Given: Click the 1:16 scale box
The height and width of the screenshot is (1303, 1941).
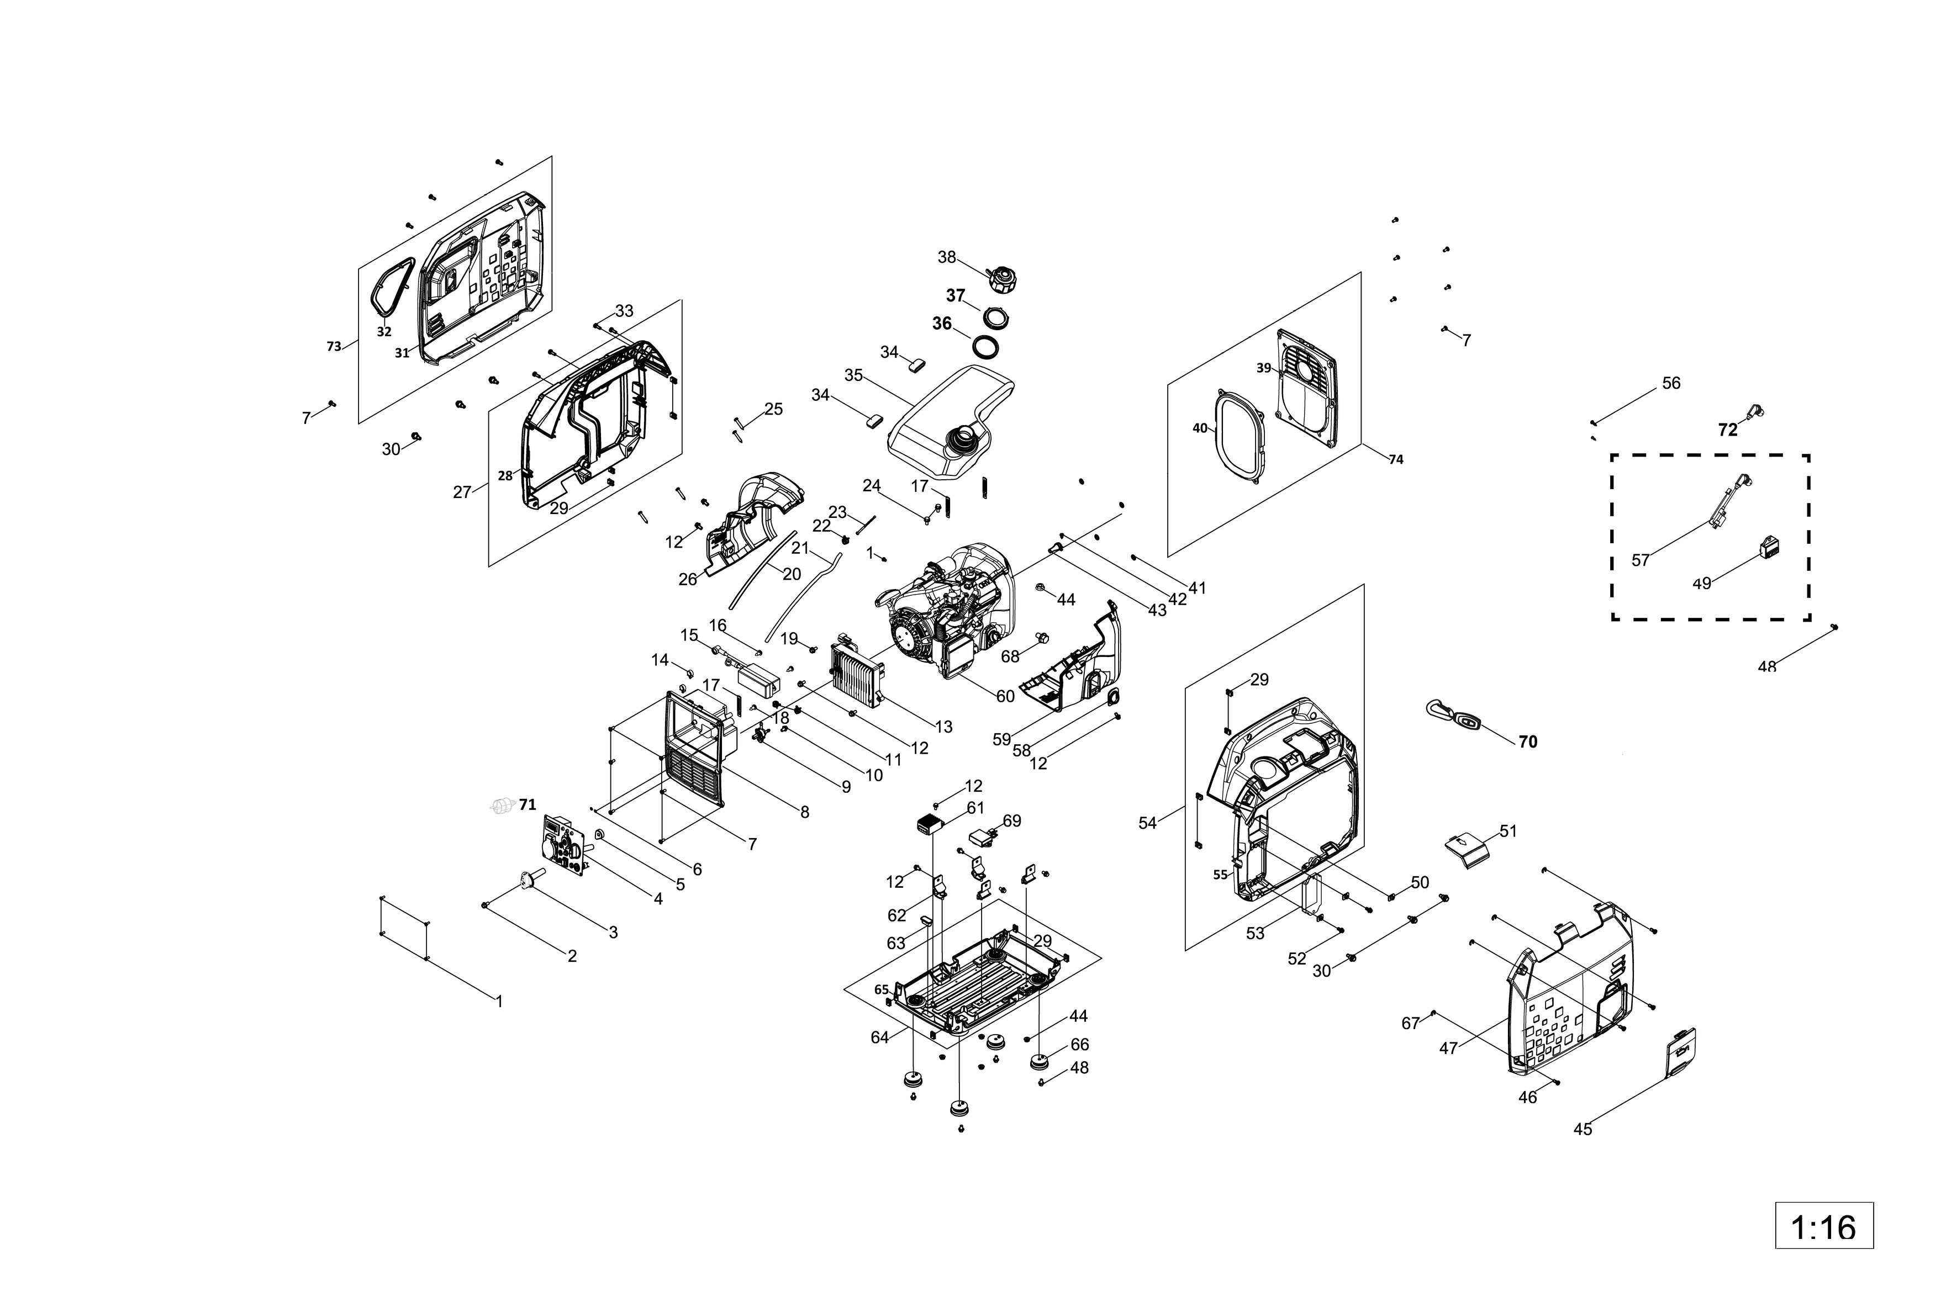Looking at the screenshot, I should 1824,1225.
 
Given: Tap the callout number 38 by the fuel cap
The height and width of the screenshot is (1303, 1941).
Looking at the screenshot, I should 947,258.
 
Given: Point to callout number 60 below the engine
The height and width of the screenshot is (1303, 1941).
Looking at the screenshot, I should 1005,696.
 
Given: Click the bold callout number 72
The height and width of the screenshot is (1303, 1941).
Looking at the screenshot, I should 1727,430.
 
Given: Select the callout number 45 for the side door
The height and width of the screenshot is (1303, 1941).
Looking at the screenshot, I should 1583,1129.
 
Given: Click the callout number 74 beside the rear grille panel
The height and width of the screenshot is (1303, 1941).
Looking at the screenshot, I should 1396,459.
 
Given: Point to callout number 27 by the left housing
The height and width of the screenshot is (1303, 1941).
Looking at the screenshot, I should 462,492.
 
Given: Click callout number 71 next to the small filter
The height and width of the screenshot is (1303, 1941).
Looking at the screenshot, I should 527,804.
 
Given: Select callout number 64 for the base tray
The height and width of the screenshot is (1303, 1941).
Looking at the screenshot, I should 879,1037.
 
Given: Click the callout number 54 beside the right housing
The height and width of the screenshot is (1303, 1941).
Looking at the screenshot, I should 1147,823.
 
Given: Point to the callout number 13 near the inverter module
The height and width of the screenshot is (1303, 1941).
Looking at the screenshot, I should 943,727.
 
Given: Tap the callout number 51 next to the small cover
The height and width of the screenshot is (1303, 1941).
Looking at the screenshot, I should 1508,831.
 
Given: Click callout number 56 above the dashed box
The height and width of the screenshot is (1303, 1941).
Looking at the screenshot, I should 1671,383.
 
